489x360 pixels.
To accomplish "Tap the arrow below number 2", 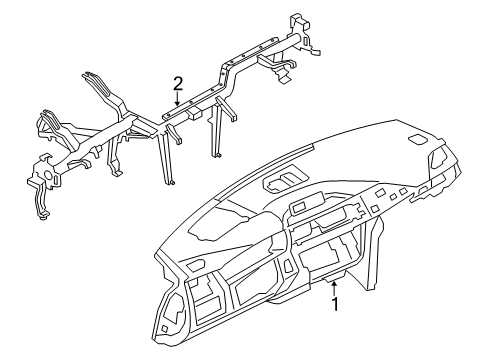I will click(177, 98).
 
